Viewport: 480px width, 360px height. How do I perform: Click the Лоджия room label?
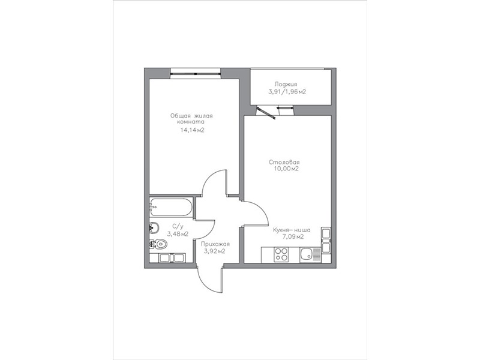pyautogui.click(x=286, y=84)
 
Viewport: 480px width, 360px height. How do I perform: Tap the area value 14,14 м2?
pyautogui.click(x=192, y=130)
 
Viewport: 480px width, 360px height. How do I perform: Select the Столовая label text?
pyautogui.click(x=284, y=162)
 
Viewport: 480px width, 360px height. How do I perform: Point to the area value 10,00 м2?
pyautogui.click(x=287, y=169)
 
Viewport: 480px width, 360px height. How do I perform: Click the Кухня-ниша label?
pyautogui.click(x=292, y=230)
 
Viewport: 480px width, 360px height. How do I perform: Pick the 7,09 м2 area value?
pyautogui.click(x=293, y=236)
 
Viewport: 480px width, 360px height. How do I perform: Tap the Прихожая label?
pyautogui.click(x=215, y=244)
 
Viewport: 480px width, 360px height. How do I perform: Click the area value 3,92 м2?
pyautogui.click(x=215, y=251)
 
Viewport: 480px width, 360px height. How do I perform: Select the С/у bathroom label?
pyautogui.click(x=178, y=227)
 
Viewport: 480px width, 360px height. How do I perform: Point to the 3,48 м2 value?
pyautogui.click(x=178, y=234)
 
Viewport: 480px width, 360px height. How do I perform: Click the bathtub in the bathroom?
pyautogui.click(x=171, y=207)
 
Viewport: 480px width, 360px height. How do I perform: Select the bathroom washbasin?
pyautogui.click(x=154, y=227)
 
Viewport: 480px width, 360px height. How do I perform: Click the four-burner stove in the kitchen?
pyautogui.click(x=281, y=254)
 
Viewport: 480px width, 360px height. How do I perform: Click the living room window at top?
pyautogui.click(x=196, y=73)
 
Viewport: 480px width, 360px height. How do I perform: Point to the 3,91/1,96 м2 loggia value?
pyautogui.click(x=287, y=92)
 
